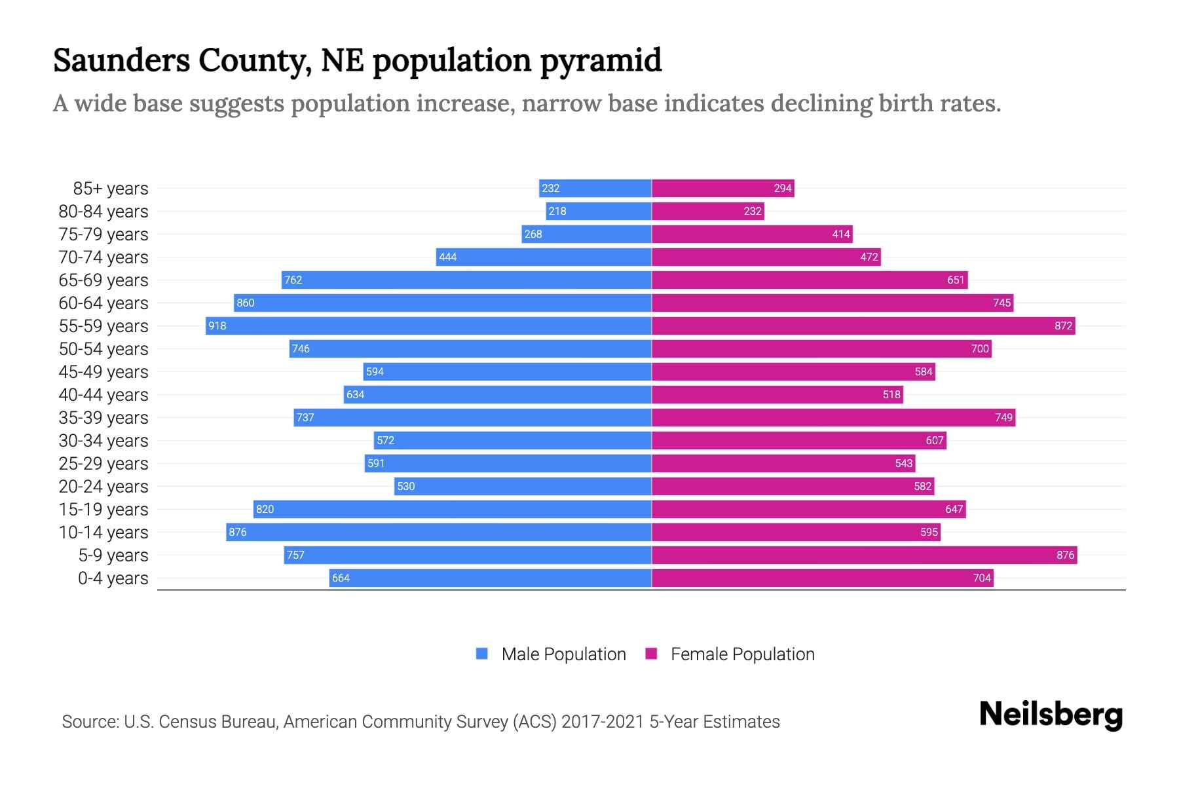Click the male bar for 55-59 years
coord(428,326)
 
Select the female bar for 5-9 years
coord(864,555)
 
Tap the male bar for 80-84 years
coord(599,211)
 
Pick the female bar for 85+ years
coord(722,188)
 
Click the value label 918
coord(217,326)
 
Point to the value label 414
coord(841,234)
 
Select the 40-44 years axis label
coord(103,394)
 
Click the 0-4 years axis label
coord(113,578)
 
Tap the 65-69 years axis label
coord(103,280)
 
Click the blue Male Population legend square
coord(482,654)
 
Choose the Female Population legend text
coord(742,654)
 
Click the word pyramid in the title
coord(601,60)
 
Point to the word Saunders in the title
coord(121,60)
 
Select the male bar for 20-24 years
coord(523,486)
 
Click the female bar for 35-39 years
coord(833,417)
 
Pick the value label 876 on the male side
coord(238,532)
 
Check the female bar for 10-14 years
coord(796,532)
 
